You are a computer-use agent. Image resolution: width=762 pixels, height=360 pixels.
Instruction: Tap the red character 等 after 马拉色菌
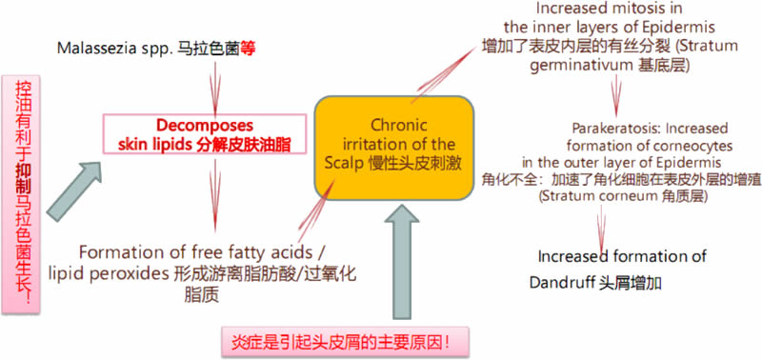(x=249, y=49)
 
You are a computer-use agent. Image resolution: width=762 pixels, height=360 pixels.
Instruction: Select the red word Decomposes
(x=205, y=126)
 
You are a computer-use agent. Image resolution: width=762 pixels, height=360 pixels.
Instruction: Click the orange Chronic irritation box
(x=394, y=149)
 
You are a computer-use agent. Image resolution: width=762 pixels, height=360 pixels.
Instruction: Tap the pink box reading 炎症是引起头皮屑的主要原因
(x=345, y=343)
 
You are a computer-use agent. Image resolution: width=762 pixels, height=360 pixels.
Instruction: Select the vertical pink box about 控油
(x=21, y=194)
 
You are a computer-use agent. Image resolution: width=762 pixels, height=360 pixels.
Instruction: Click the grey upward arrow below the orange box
(x=402, y=261)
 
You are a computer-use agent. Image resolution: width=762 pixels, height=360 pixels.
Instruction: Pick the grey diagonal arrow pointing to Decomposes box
(x=74, y=191)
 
